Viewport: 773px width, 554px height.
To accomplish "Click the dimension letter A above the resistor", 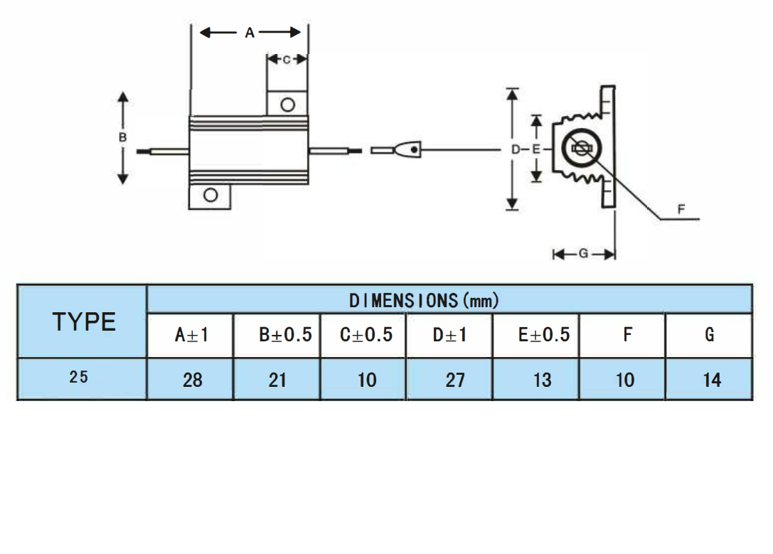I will (250, 33).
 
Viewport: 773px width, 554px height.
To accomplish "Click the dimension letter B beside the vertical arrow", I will (123, 137).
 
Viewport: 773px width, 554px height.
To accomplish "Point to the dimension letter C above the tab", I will (287, 60).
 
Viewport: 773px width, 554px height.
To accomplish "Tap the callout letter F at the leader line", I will (681, 209).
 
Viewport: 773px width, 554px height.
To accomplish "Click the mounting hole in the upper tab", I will (287, 105).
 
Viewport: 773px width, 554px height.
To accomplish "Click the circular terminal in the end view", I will (580, 149).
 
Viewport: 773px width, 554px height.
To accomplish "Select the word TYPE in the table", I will (84, 322).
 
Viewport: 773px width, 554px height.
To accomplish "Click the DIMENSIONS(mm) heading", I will (424, 301).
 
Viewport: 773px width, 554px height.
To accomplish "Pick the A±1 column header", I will (191, 335).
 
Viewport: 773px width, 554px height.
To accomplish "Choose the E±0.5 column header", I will (543, 335).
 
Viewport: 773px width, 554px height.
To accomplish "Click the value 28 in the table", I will (192, 380).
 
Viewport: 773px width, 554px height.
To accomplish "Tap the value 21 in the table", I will (277, 380).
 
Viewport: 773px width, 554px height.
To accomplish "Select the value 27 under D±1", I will (454, 380).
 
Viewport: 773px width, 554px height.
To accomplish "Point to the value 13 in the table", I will (542, 380).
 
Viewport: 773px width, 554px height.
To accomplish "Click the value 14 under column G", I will (711, 380).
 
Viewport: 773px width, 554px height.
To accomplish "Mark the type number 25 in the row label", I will (79, 378).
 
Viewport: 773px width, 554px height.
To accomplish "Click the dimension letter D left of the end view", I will (515, 149).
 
